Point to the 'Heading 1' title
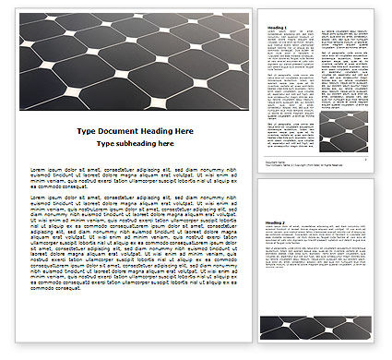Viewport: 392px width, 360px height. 276,29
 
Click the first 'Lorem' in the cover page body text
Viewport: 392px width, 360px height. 38,171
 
